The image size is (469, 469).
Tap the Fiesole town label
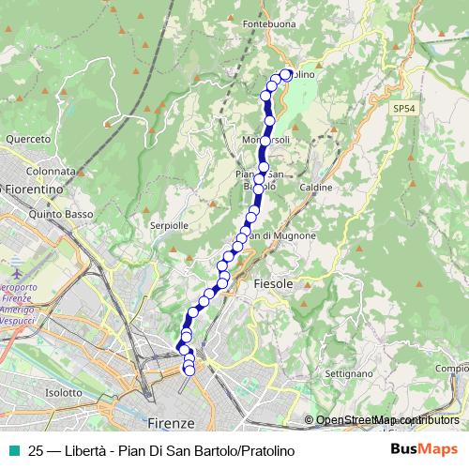click(x=273, y=282)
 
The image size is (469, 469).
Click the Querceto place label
click(x=27, y=139)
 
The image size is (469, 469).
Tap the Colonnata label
click(x=51, y=172)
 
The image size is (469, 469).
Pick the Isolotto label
click(x=64, y=392)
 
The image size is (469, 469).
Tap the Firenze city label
click(x=171, y=422)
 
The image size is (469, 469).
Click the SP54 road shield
click(x=404, y=110)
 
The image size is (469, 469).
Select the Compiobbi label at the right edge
click(x=451, y=369)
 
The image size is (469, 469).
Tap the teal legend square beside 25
click(x=13, y=451)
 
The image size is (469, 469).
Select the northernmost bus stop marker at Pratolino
click(x=286, y=74)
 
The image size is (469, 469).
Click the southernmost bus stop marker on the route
click(x=189, y=371)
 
